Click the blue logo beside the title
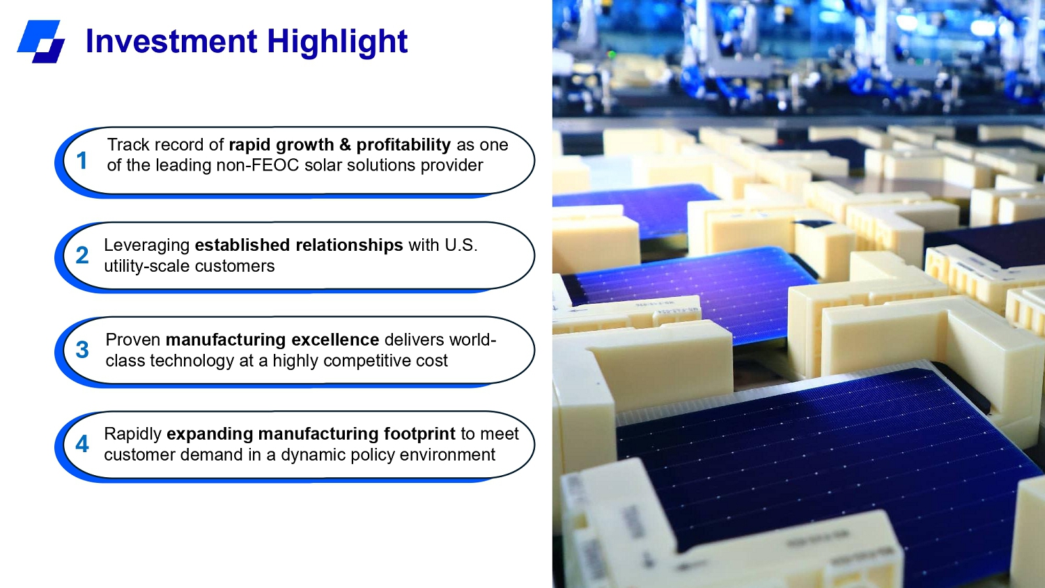[41, 41]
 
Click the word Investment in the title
[171, 41]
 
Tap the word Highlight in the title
[337, 42]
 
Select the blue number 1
[82, 160]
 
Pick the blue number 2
[82, 255]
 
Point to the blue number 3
[82, 350]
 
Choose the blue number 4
[82, 444]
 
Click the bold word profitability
[403, 145]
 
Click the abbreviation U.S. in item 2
[461, 245]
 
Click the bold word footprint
[419, 434]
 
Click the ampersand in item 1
[346, 145]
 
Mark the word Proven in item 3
[133, 340]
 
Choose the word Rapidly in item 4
[132, 434]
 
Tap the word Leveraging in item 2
[146, 245]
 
